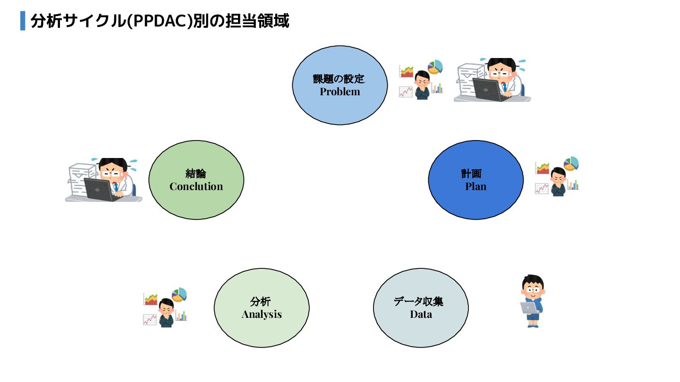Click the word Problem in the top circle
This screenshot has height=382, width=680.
340,92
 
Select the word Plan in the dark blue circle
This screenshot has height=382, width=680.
476,186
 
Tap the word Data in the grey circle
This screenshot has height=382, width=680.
421,314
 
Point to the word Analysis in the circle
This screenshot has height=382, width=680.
262,314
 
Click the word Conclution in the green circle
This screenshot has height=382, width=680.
196,186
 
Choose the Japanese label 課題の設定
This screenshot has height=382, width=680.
339,79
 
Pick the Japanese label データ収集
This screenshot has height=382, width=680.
418,301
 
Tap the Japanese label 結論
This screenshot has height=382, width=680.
195,173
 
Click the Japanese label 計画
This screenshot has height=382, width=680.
471,173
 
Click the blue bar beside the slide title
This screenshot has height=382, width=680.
23,21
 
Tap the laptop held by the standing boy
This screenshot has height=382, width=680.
529,307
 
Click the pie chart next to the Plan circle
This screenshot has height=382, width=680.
571,163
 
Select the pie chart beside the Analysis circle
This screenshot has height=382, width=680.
179,294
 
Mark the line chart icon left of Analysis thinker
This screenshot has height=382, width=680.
150,319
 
